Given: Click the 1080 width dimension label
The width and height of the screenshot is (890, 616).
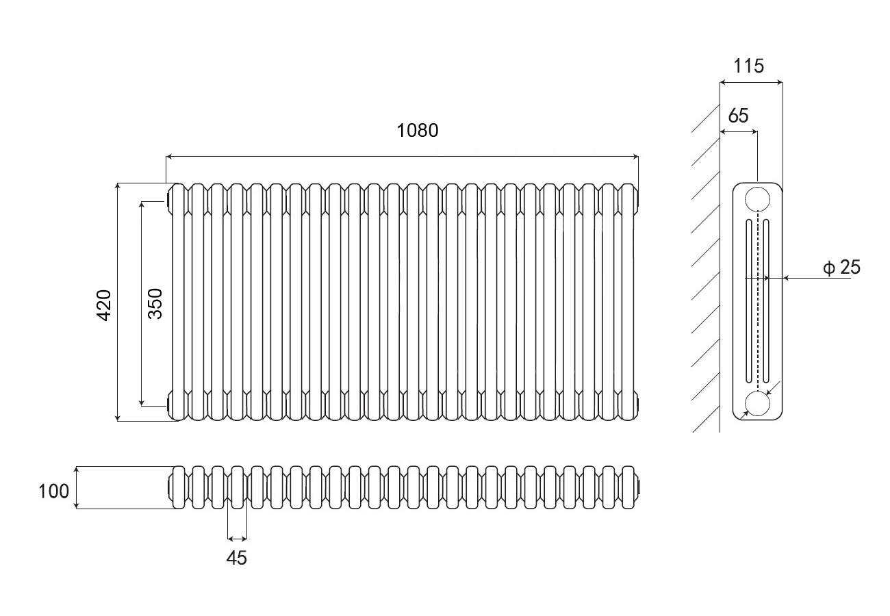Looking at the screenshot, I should point(417,130).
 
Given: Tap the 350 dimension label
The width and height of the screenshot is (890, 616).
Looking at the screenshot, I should point(156,303).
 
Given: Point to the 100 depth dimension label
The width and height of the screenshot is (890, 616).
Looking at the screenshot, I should point(53,491).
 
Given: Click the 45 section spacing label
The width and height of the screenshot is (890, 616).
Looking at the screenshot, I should point(236,558).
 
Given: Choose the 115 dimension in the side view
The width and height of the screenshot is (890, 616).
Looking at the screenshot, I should point(748,66).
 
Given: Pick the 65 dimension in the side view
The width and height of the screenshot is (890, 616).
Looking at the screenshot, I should point(738,116).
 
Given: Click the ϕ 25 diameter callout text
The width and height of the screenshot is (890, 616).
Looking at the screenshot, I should point(841,268).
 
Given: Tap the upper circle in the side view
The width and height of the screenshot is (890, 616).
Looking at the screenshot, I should point(757,198).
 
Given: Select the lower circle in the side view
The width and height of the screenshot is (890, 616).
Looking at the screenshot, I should point(757,404).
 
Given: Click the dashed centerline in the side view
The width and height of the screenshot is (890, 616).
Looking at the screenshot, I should point(757,301).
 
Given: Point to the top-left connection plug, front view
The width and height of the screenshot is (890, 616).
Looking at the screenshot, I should point(168,201).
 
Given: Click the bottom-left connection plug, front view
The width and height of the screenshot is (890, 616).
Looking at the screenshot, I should point(168,403).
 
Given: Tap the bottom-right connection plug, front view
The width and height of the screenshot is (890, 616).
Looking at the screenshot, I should point(639,403).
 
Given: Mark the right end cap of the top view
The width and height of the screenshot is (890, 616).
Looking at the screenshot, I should point(640,487).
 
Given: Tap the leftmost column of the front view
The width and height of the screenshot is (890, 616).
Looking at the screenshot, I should point(178,301).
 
